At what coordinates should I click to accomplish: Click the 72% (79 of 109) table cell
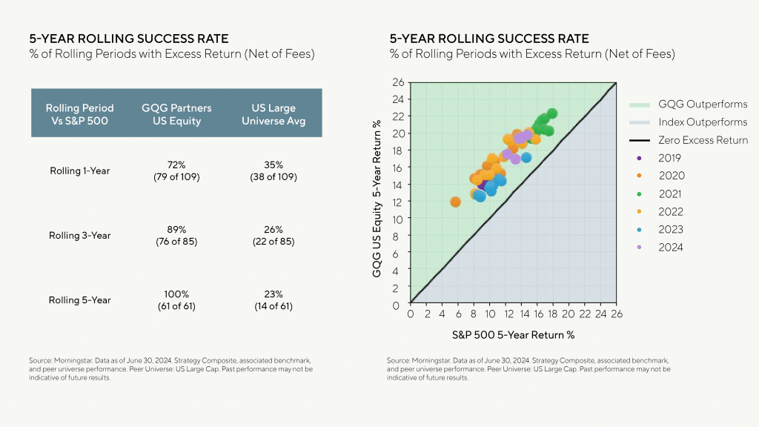(x=176, y=171)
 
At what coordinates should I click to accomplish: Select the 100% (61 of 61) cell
(x=176, y=300)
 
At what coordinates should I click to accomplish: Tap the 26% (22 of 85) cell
(x=273, y=236)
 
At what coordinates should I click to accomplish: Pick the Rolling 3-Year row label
(x=80, y=236)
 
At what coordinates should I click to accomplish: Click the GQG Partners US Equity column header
(x=176, y=114)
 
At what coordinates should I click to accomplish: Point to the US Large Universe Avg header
(x=273, y=114)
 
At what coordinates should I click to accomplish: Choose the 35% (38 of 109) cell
(x=273, y=171)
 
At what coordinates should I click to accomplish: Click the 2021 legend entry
(x=671, y=193)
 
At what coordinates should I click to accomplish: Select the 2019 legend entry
(x=671, y=158)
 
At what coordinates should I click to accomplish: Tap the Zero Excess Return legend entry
(x=703, y=140)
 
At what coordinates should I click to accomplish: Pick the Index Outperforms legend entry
(x=703, y=122)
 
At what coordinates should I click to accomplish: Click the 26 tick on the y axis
(x=398, y=82)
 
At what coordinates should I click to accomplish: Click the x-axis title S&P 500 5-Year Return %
(x=513, y=334)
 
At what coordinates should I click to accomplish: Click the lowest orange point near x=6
(x=455, y=202)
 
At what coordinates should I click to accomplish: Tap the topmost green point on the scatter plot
(x=551, y=113)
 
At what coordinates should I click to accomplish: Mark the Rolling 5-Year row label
(x=80, y=300)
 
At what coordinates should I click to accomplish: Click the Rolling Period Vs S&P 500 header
(x=80, y=114)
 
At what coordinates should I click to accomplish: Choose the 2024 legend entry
(x=671, y=248)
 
